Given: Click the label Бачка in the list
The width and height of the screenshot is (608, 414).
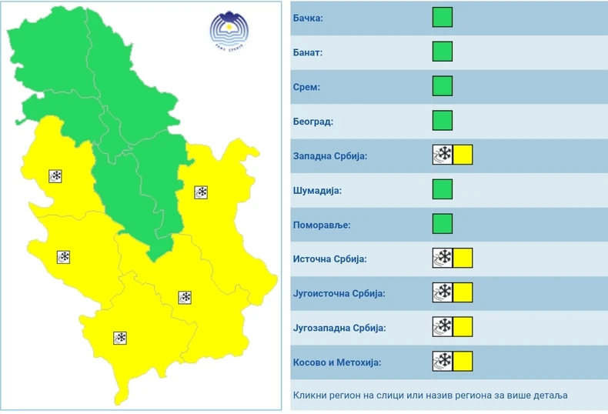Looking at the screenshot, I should [309, 18].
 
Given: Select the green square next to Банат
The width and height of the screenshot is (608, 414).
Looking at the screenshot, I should [442, 52].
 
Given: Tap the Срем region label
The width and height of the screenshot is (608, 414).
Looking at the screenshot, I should [306, 87].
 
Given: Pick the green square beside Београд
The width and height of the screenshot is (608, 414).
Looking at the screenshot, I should [442, 121].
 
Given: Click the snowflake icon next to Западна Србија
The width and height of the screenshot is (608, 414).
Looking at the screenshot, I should [443, 155].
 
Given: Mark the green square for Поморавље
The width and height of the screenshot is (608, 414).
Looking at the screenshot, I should [442, 223].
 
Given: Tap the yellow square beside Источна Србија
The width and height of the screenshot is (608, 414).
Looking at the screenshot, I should [463, 258].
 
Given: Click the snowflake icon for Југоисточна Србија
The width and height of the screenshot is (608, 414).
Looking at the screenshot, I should [443, 292].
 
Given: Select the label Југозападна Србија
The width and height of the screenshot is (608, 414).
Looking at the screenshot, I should [339, 328].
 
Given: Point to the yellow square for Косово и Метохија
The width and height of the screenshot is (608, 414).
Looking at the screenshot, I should [463, 361].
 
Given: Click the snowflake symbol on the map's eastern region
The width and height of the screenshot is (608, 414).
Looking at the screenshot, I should [201, 192].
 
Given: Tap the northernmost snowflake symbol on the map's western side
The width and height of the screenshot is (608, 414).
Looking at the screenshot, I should [55, 176].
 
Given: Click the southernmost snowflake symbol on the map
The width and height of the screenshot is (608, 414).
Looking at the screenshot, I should [120, 338].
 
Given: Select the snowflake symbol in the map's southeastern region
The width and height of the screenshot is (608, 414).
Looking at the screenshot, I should [185, 297].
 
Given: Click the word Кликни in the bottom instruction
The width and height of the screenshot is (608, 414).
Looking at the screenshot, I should [311, 396].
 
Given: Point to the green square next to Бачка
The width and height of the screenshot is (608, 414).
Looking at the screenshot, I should [442, 18].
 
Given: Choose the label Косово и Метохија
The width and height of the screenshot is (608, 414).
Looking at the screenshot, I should [337, 362].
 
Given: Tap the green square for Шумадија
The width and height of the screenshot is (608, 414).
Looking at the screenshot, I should [442, 189].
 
